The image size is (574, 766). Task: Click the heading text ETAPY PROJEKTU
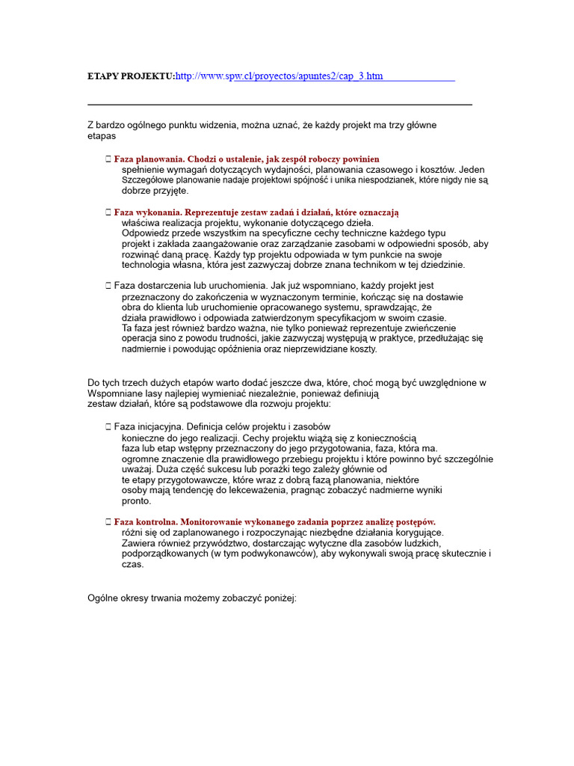pos(131,76)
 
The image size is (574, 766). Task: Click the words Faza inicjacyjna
pos(148,426)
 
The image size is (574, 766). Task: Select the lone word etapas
pos(102,136)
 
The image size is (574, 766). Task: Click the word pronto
pos(136,501)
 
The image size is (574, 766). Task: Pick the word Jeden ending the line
pos(472,170)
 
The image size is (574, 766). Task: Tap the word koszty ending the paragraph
pos(362,349)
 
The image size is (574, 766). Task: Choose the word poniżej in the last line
pos(279,598)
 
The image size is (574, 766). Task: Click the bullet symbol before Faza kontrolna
pos(108,521)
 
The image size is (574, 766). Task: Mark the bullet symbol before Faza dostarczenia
pos(108,286)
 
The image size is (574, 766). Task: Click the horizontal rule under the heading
pos(280,105)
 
